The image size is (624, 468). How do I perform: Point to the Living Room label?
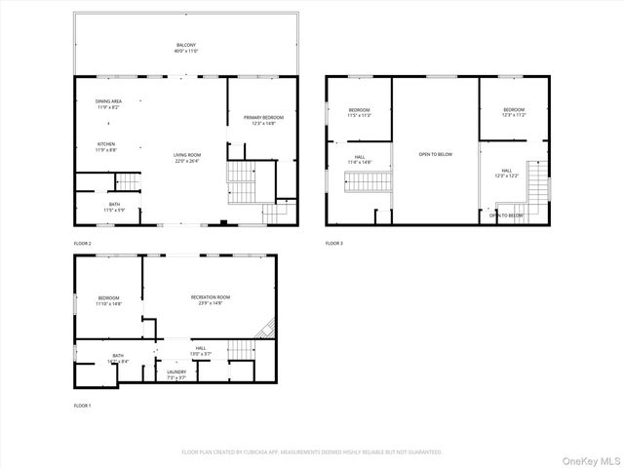click(187, 157)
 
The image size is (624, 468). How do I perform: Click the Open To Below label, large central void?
click(435, 154)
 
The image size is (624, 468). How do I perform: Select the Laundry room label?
click(175, 373)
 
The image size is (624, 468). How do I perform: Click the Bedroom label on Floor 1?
click(108, 300)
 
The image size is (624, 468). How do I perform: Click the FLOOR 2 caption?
click(82, 243)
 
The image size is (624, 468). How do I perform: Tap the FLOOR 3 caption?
click(334, 243)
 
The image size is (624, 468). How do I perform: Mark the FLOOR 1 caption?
click(82, 405)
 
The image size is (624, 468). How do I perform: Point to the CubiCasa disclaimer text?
click(312, 452)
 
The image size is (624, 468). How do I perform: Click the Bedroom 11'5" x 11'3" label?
click(360, 112)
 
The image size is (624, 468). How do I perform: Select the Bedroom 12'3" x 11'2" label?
click(514, 112)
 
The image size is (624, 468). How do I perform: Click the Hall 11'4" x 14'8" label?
click(359, 159)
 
